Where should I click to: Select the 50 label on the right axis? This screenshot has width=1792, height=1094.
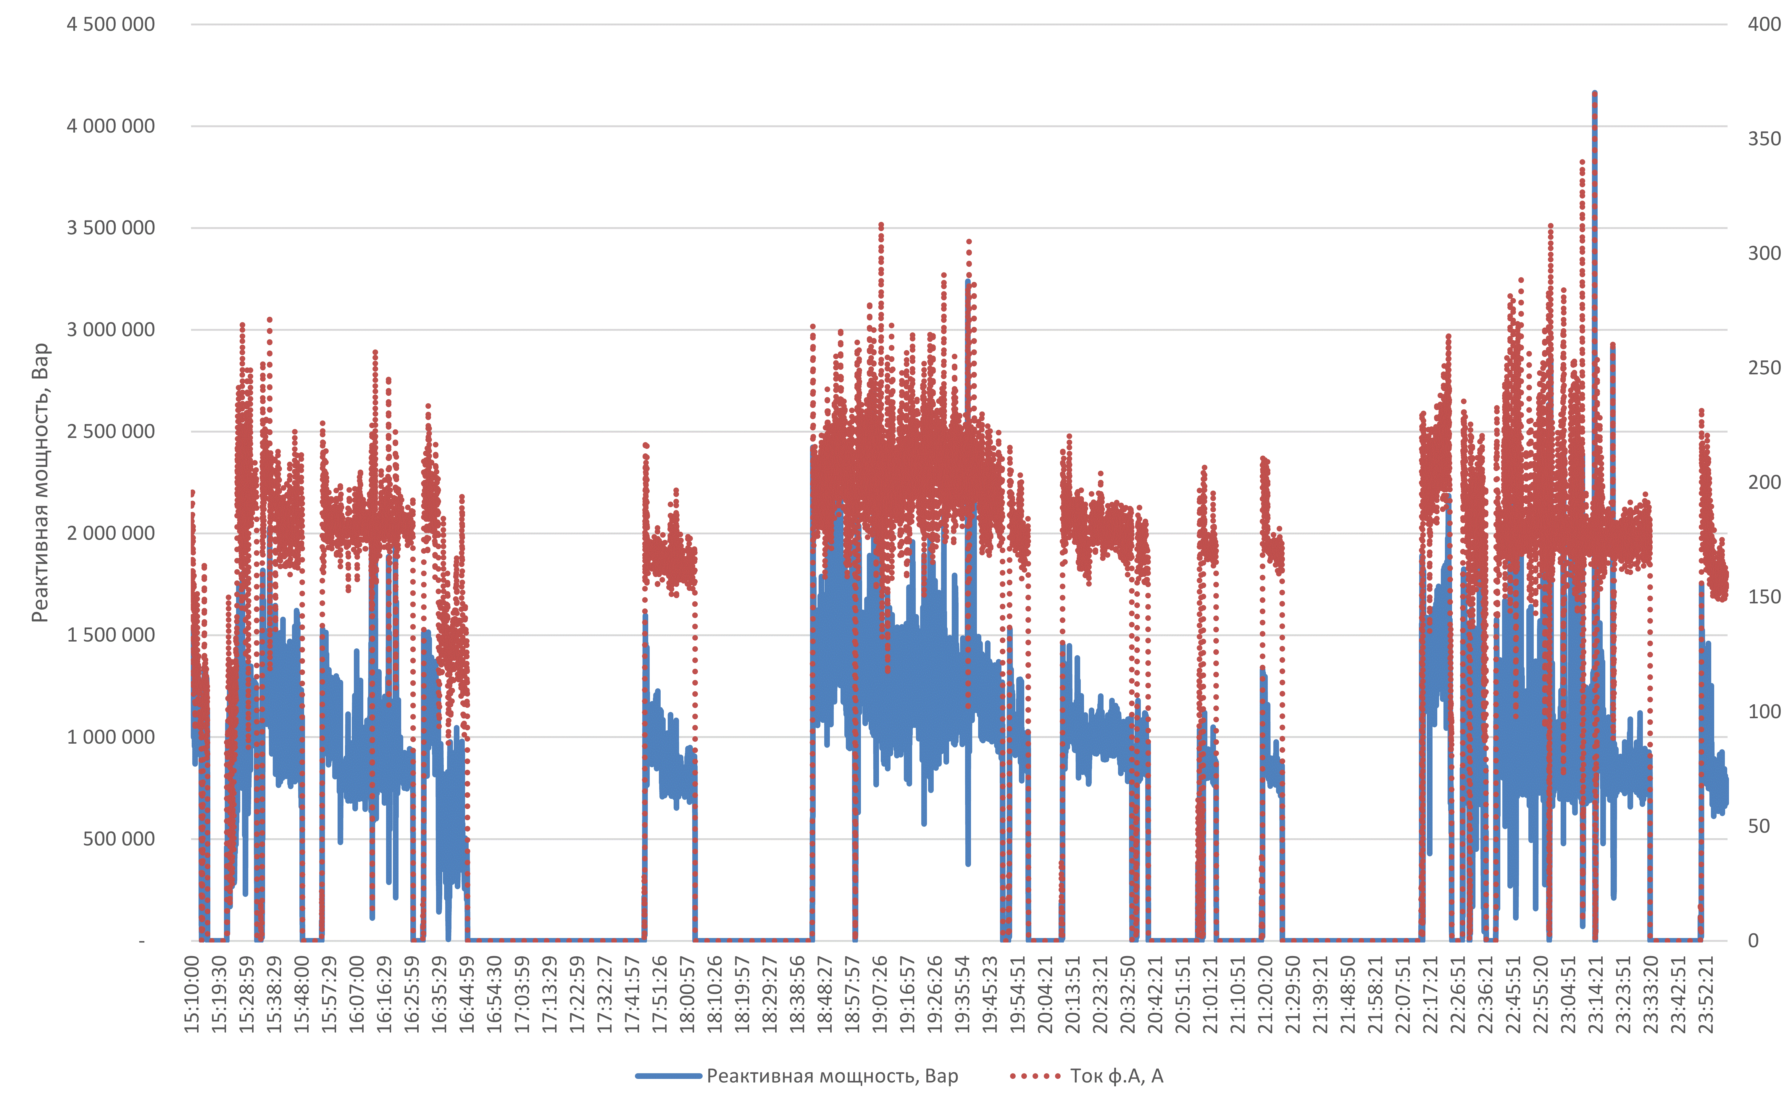1759,826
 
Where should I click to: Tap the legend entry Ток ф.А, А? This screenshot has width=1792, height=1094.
1116,1076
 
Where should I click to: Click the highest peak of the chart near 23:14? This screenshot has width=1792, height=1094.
1595,93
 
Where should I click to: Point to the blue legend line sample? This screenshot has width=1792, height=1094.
668,1076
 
